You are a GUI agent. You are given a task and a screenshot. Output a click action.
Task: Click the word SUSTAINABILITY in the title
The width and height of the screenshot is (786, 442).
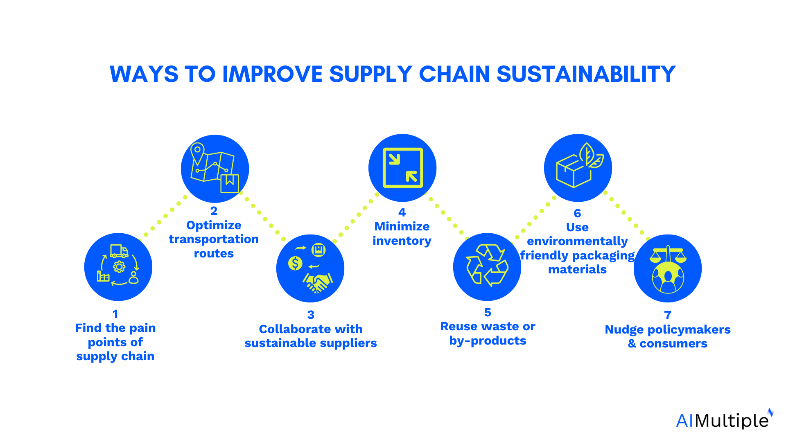click(x=586, y=74)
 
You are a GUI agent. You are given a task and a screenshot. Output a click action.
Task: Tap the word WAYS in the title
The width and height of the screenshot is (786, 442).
click(x=144, y=74)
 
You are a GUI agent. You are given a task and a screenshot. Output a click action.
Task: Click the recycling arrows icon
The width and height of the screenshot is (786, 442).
click(x=487, y=265)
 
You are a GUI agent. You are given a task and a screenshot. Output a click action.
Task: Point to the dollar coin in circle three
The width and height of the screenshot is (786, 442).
click(x=295, y=263)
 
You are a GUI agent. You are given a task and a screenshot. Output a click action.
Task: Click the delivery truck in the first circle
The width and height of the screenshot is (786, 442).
click(x=119, y=251)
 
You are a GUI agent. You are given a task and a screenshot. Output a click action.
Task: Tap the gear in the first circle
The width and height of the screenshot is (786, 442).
click(x=119, y=267)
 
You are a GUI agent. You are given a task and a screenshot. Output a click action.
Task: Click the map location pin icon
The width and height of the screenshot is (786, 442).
click(x=197, y=152)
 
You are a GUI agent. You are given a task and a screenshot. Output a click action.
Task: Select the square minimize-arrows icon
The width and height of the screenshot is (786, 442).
click(x=403, y=168)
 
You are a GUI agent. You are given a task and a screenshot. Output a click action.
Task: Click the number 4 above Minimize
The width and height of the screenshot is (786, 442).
click(x=402, y=212)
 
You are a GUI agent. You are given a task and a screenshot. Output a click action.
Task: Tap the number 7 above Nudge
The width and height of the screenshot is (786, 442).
click(x=668, y=315)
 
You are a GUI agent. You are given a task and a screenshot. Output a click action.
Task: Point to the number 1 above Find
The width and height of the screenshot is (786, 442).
click(x=115, y=314)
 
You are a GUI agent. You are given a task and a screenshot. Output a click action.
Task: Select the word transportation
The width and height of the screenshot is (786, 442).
click(x=214, y=239)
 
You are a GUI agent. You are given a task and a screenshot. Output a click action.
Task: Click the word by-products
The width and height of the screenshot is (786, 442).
click(x=488, y=341)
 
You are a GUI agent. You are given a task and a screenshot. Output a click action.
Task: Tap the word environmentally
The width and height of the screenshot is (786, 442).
click(x=577, y=241)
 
